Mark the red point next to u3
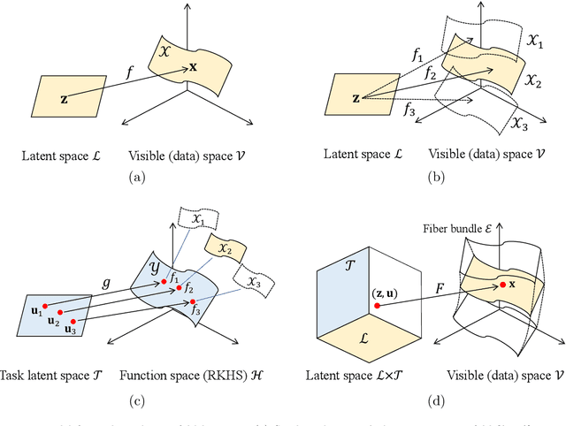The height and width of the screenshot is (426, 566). point(73,321)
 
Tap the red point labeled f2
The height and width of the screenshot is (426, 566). point(179,288)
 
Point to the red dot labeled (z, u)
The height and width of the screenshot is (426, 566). point(377,306)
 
